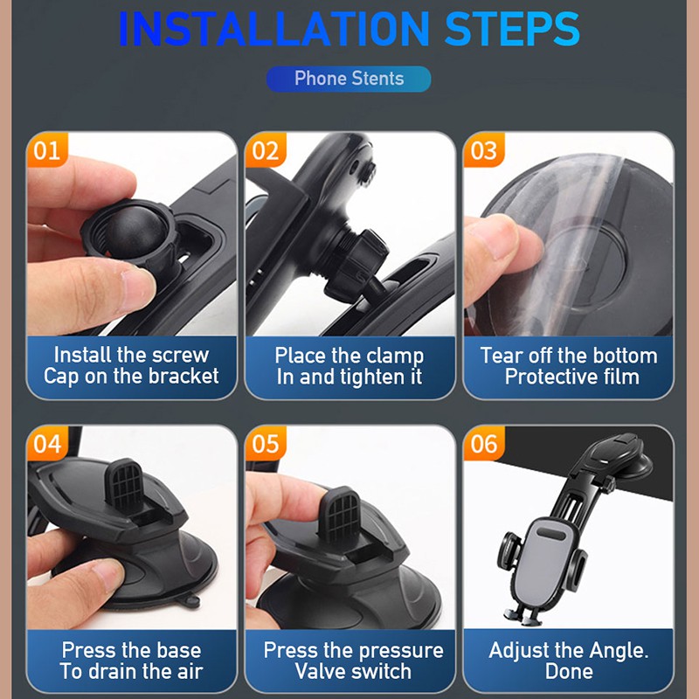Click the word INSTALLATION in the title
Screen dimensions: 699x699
tap(273, 29)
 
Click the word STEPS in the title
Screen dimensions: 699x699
tap(512, 29)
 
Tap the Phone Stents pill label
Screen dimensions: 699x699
tap(349, 79)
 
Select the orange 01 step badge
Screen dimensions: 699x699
tap(47, 150)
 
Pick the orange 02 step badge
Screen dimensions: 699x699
tap(266, 150)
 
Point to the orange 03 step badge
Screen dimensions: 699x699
tap(484, 150)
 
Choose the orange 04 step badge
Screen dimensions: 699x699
tap(47, 444)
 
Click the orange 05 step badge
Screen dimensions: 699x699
tap(266, 444)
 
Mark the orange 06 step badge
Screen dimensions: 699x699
tap(484, 444)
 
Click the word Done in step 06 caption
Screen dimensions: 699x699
tap(569, 671)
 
